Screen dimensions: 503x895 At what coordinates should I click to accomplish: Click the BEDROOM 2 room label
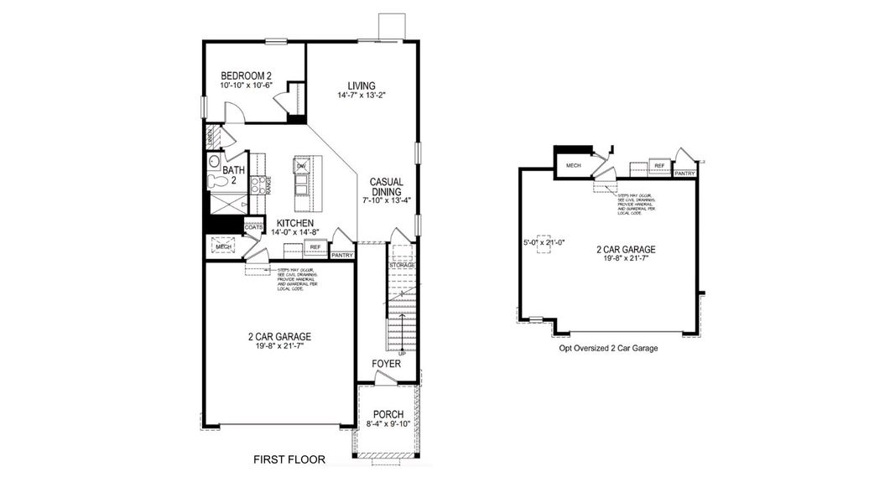tap(246, 75)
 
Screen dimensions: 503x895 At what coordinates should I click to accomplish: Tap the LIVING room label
tap(362, 86)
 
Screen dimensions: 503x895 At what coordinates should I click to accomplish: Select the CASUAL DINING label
tap(387, 186)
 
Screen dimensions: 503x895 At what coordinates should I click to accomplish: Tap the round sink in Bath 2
tap(213, 161)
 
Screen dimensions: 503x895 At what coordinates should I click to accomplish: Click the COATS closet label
tap(253, 227)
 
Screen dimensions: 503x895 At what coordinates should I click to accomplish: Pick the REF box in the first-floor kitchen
tap(315, 247)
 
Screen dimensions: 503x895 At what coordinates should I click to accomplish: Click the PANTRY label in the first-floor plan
tap(341, 255)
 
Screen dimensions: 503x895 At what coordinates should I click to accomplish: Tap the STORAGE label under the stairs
tap(402, 266)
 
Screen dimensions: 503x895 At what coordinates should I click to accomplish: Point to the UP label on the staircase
tap(402, 353)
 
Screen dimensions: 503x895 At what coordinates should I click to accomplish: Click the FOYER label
tap(386, 365)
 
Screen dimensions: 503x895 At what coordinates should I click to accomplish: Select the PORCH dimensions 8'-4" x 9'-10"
tap(388, 424)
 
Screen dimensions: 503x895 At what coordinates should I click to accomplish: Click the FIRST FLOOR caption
tap(289, 459)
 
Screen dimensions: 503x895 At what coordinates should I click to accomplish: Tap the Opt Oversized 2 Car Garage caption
tap(608, 348)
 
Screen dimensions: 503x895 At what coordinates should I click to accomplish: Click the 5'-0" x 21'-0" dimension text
tap(543, 242)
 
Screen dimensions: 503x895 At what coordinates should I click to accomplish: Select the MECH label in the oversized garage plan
tap(574, 166)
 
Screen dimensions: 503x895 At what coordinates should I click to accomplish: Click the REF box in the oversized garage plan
tap(659, 166)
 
